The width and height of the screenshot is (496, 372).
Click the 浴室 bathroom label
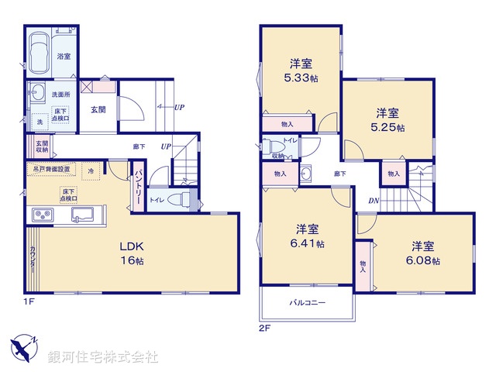pyautogui.click(x=64, y=57)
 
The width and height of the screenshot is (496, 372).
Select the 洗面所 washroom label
pyautogui.click(x=60, y=94)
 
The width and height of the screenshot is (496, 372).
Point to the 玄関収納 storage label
pyautogui.click(x=40, y=146)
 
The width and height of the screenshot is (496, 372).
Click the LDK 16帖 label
pyautogui.click(x=131, y=253)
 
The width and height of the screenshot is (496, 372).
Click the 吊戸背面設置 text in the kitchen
pyautogui.click(x=51, y=168)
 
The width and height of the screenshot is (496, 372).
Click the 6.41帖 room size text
pyautogui.click(x=308, y=243)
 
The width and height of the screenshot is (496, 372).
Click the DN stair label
pyautogui.click(x=374, y=201)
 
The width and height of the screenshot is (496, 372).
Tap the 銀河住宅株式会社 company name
pyautogui.click(x=103, y=356)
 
